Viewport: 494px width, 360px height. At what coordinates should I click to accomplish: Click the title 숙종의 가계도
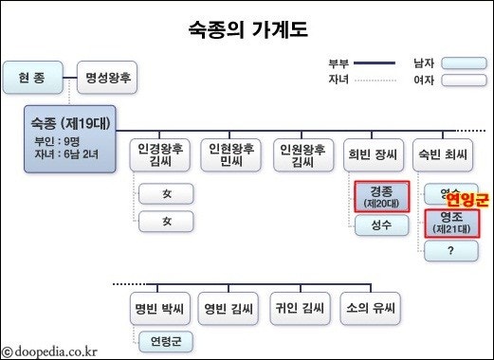click(x=247, y=30)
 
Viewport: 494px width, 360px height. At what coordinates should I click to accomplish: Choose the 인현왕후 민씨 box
click(x=232, y=156)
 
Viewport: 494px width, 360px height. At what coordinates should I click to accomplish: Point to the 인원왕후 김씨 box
click(x=302, y=156)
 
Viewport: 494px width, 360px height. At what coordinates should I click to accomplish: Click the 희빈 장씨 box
click(x=374, y=156)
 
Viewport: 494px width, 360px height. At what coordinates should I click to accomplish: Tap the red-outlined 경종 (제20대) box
click(x=382, y=196)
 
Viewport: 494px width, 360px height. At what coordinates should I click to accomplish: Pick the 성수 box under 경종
click(x=382, y=226)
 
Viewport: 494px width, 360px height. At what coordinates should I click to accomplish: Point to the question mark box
click(x=452, y=251)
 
